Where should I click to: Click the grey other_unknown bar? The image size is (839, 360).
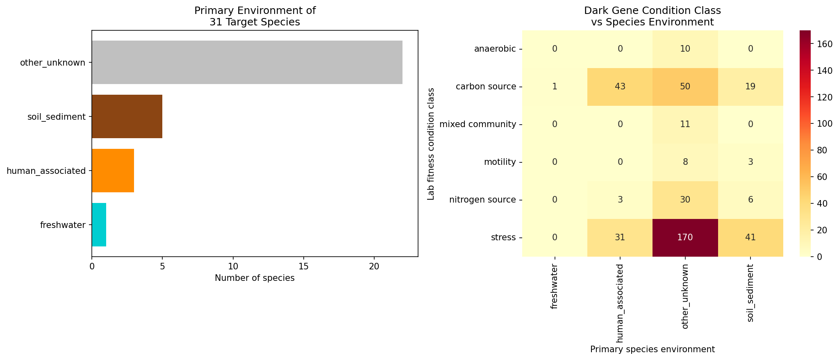247,62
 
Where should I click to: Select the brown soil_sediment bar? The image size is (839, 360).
127,116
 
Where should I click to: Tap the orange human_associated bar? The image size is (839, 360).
113,171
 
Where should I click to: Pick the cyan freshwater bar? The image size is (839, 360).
99,225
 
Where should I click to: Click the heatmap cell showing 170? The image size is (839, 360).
685,237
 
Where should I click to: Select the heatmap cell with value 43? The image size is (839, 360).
620,87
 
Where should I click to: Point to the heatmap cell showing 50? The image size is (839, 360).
685,87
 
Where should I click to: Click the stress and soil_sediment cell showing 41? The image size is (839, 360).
750,237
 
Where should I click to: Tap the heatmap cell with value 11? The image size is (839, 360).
685,124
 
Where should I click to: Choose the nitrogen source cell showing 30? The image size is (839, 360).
685,200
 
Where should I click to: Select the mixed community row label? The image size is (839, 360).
477,124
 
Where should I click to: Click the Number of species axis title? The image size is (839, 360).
255,278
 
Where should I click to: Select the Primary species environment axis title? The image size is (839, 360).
652,349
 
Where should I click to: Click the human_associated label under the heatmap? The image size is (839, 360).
620,303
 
